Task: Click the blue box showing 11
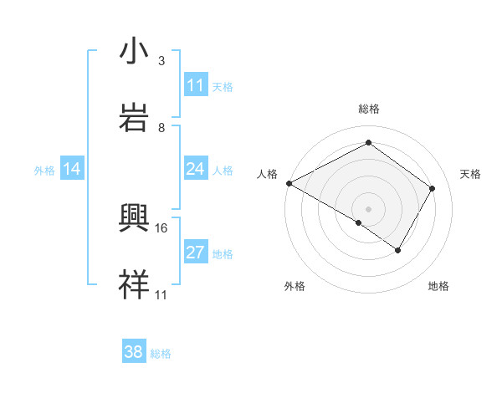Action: [196, 85]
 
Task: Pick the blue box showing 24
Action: [196, 170]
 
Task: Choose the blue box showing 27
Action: [196, 253]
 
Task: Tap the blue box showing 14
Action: [72, 170]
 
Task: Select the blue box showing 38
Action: [134, 352]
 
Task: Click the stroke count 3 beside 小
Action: [161, 61]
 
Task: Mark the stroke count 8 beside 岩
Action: [161, 128]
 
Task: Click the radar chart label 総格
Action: [368, 109]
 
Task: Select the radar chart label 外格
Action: [295, 286]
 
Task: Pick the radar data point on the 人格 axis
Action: [289, 182]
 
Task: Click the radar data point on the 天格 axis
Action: [433, 188]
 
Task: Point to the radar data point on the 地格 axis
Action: [398, 250]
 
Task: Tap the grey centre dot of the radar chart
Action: [368, 208]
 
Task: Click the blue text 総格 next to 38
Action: [161, 353]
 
